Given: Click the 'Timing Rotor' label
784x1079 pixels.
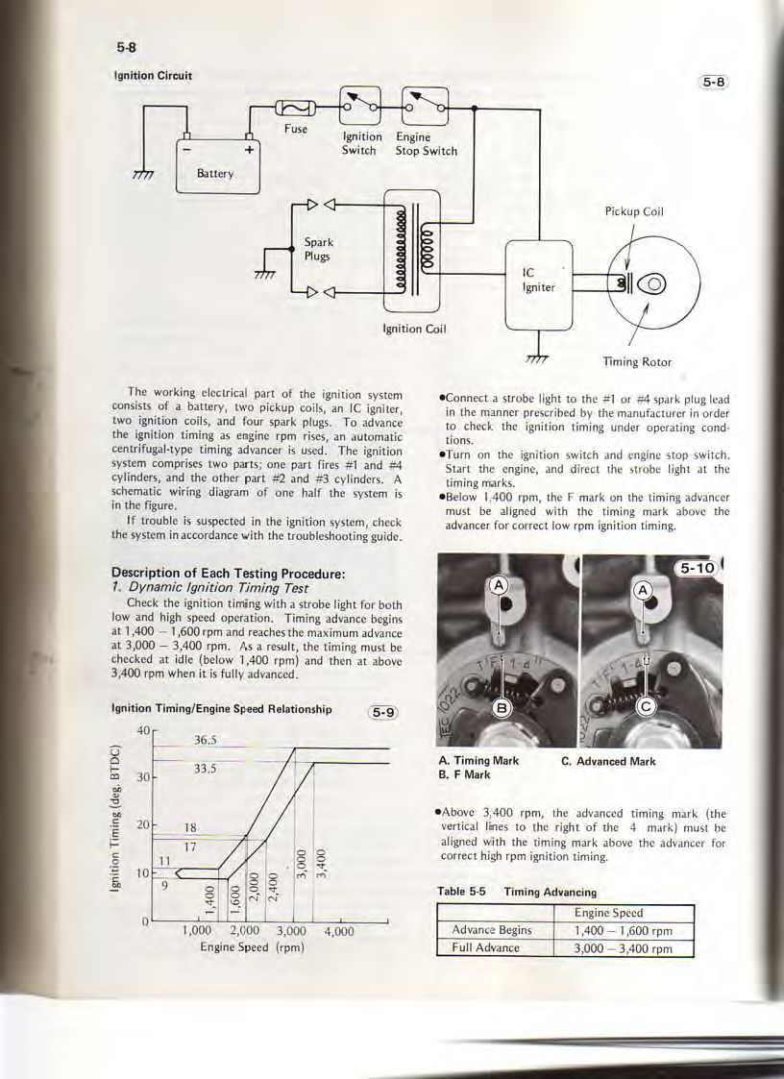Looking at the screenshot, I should click(636, 362).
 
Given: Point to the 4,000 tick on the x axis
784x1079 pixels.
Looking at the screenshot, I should click(339, 930).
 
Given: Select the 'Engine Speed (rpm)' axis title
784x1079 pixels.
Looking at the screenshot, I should click(252, 946).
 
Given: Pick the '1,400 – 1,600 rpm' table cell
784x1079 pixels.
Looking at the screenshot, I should click(622, 930).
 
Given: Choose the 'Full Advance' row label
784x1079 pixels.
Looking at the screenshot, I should click(485, 947).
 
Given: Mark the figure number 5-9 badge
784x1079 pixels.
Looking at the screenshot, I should click(383, 712).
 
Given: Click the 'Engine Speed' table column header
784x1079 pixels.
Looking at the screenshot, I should click(622, 913).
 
